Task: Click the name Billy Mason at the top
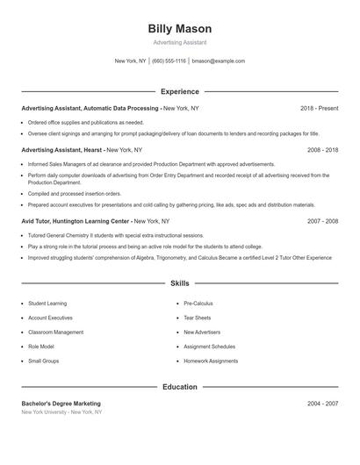point(180,29)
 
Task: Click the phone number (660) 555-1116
point(169,61)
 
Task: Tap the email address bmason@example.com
point(218,61)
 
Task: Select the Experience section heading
point(180,91)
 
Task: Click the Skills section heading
point(180,283)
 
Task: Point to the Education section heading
point(180,386)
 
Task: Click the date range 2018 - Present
point(319,108)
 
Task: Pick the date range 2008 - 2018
point(322,150)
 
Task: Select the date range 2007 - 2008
point(322,222)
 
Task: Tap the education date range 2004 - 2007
point(322,404)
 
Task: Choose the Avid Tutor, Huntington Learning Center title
point(83,222)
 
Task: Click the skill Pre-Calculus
point(198,304)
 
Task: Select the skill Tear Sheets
point(197,318)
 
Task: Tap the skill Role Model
point(40,347)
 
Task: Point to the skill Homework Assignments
point(211,361)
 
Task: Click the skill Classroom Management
point(55,333)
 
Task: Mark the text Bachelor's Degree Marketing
point(61,404)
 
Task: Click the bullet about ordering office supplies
point(85,123)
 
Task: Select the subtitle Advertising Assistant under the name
point(180,42)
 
